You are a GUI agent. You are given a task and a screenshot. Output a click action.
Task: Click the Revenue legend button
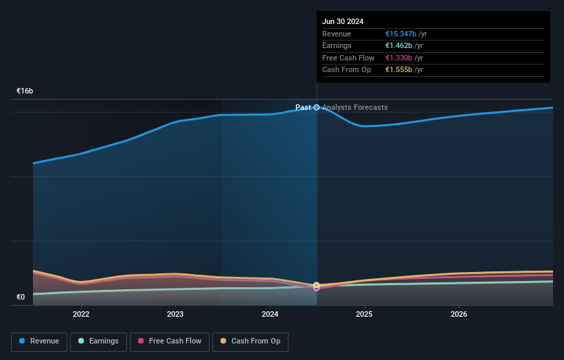[39, 341]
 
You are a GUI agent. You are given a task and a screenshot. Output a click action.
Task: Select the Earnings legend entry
[98, 341]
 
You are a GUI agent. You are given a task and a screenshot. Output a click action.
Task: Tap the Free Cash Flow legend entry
[170, 341]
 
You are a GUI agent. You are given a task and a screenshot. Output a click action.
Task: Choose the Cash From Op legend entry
[250, 341]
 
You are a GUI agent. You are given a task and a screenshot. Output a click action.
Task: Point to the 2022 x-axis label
[81, 314]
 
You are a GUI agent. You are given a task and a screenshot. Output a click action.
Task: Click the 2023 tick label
[175, 314]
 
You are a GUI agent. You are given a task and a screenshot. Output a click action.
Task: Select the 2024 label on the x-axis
[270, 314]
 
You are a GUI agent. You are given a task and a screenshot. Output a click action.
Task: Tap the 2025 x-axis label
[364, 314]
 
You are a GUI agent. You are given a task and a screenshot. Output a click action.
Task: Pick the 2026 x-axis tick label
[459, 314]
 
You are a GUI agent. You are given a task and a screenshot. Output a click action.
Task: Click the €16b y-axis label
[25, 91]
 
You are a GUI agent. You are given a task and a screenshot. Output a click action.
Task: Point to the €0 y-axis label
[21, 297]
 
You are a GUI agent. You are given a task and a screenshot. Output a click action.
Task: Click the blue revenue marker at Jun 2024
[317, 107]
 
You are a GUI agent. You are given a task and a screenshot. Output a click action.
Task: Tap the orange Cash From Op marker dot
[317, 285]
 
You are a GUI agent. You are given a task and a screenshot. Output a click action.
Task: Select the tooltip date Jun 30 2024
[343, 21]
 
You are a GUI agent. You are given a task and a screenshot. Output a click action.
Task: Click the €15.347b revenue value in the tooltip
[401, 34]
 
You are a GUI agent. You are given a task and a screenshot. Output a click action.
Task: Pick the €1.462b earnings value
[398, 45]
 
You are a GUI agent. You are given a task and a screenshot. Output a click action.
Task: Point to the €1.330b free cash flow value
[398, 58]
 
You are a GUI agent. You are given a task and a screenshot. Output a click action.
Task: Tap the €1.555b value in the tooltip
[398, 70]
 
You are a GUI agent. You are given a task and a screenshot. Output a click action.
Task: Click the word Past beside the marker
[303, 107]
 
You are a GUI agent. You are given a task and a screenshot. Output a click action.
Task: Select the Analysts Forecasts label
[355, 107]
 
